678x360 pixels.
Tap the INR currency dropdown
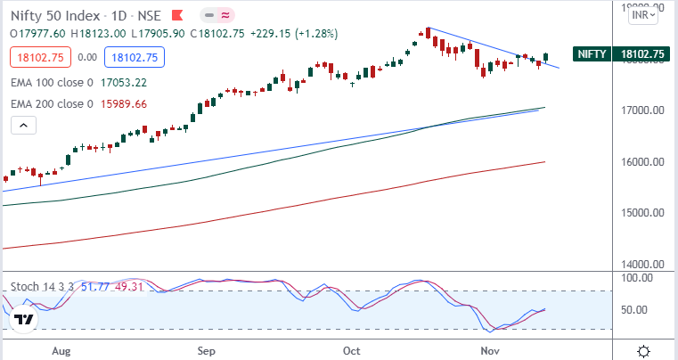(643, 14)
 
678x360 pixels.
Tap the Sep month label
(206, 350)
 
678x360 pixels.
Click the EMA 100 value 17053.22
(125, 83)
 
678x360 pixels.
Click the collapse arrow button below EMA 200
(23, 126)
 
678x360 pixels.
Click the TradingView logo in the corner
(24, 319)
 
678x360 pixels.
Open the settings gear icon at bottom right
(644, 350)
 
